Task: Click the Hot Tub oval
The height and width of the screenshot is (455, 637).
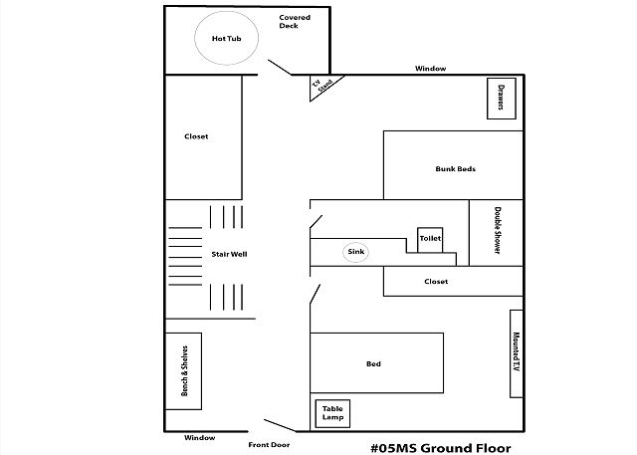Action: point(195,38)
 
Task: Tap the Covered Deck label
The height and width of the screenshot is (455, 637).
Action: point(295,22)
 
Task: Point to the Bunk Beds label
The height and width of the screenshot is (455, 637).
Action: point(456,168)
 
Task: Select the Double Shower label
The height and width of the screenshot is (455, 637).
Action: point(498,230)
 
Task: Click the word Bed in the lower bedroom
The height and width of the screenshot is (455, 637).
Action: point(373,364)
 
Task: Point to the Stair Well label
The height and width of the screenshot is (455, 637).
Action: point(229,254)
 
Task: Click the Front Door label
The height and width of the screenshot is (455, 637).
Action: point(269,445)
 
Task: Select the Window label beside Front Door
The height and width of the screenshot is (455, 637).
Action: point(199,438)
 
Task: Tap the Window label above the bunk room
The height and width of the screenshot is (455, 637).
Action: point(430,69)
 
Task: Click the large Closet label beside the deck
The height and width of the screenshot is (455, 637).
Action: point(196,136)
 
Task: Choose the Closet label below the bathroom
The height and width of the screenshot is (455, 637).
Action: point(436,281)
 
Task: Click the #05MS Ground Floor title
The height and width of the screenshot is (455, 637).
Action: point(441,448)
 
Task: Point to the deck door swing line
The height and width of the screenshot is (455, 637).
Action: point(280,68)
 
